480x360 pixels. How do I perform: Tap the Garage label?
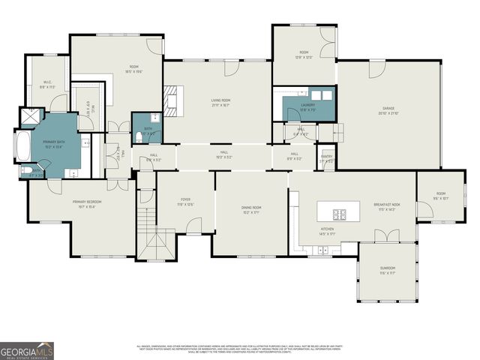[x=388, y=111]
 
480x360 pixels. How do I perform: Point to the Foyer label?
[x=185, y=202]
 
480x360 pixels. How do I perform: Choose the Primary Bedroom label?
[x=87, y=202]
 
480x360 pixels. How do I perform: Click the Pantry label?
[x=326, y=158]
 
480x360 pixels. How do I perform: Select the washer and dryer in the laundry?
[x=320, y=95]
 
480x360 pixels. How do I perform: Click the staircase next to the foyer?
[x=147, y=222]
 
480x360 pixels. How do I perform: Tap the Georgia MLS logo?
[x=27, y=349]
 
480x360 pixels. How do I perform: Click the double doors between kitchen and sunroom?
[x=388, y=237]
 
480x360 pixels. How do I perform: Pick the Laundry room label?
[x=307, y=106]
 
